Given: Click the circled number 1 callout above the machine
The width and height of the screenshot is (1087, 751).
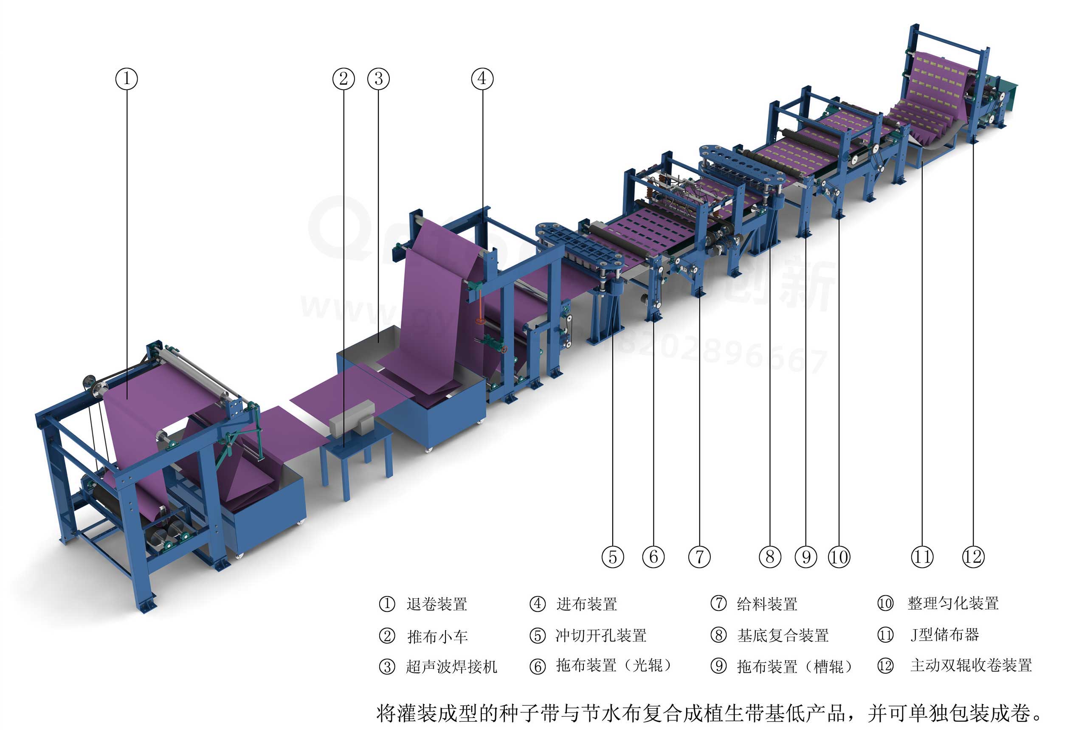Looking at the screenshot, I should pos(127,79).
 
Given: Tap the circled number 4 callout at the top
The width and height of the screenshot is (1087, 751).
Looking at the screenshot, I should pos(482,79).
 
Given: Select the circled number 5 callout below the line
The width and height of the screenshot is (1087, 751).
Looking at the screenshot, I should pos(613,557).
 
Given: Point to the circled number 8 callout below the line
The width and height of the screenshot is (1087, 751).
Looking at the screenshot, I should pos(770,557).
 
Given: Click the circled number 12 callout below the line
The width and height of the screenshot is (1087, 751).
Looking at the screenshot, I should pos(973,557).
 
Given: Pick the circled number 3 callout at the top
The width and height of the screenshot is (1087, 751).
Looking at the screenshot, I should pos(379,79).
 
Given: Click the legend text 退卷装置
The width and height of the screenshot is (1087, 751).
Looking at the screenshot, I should pos(436,604).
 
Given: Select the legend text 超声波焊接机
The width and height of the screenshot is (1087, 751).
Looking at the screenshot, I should pos(451,666).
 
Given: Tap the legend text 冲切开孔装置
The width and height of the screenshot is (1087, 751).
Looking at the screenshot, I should pos(601,636).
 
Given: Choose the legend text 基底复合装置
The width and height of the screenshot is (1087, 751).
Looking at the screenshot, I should pos(783,636).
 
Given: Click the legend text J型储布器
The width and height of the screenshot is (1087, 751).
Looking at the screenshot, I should pos(944,635).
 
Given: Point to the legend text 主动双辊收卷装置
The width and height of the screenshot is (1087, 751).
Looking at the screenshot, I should pos(971,665).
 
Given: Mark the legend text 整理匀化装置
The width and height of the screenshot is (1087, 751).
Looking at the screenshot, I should pos(953,604).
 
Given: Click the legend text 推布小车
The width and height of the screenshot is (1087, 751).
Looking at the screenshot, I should pos(437,637).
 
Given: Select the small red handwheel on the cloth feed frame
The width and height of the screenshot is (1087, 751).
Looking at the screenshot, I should pos(480,321).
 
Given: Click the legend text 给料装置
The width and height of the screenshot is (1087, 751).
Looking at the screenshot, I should pos(767,604).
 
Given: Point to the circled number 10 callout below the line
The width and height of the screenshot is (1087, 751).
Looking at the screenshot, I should pos(839,557).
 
